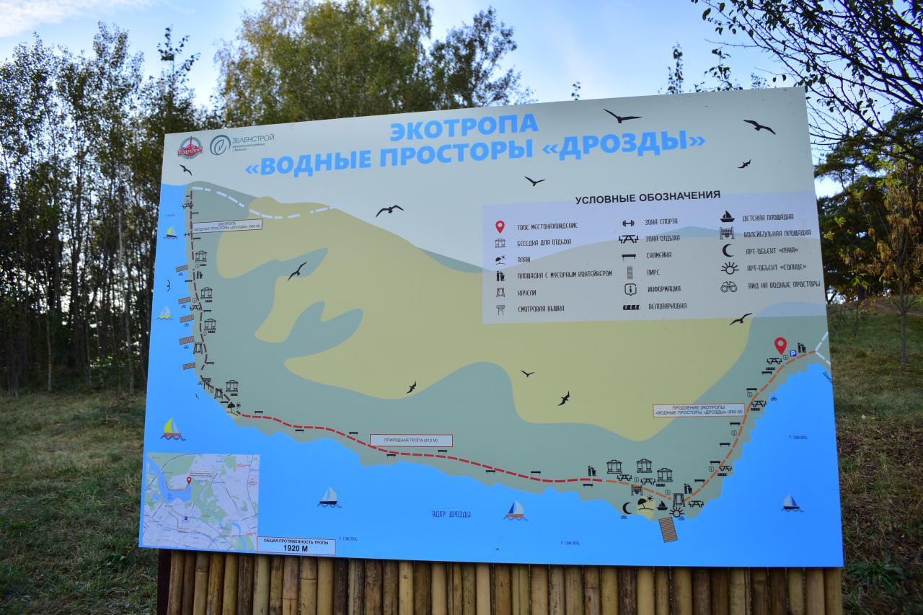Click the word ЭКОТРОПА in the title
(x=464, y=127)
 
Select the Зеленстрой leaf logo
(x=220, y=144)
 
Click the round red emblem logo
(x=190, y=147)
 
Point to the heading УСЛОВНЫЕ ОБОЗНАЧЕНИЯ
(x=648, y=196)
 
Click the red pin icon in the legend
(x=500, y=226)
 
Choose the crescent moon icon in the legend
(x=728, y=250)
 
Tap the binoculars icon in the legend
(x=729, y=286)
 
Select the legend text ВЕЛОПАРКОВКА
(x=666, y=306)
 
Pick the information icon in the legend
(x=630, y=289)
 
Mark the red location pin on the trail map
(x=780, y=345)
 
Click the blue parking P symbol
(x=792, y=353)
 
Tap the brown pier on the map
(x=668, y=529)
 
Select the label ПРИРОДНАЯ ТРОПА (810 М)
(x=411, y=440)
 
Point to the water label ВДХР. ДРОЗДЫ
(x=451, y=514)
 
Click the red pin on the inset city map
(x=189, y=480)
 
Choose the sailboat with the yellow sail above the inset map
(x=171, y=428)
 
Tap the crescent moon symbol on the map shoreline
(x=626, y=508)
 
